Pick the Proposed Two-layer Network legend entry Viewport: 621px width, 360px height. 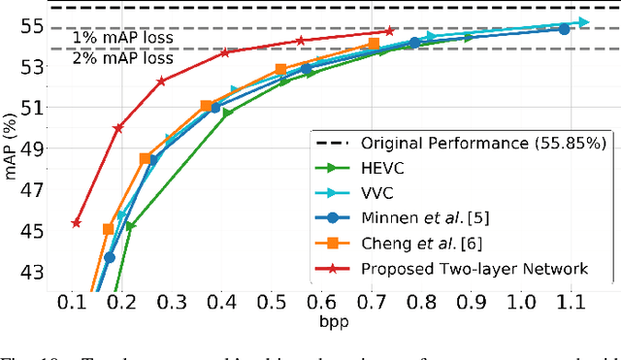click(474, 268)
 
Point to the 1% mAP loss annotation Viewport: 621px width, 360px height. click(123, 38)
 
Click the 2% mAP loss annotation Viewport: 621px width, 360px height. click(123, 58)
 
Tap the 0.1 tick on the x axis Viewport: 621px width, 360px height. click(71, 303)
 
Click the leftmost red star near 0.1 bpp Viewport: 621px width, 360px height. click(77, 223)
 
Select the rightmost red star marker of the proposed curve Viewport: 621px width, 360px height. click(390, 31)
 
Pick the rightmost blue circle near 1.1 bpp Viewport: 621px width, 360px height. click(564, 29)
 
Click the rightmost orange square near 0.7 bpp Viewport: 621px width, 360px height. click(375, 45)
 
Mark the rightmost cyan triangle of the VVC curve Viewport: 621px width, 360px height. click(582, 21)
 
